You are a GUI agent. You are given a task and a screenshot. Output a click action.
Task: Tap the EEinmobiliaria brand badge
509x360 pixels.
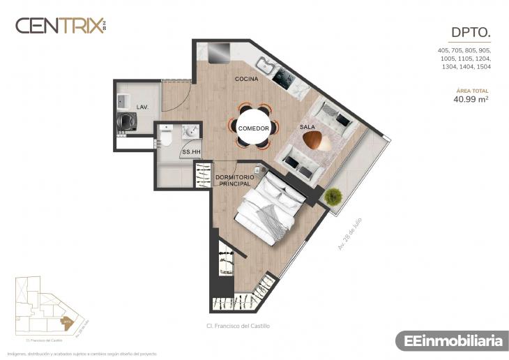[449, 341]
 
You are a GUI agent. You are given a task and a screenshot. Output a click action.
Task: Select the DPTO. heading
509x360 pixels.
[471, 32]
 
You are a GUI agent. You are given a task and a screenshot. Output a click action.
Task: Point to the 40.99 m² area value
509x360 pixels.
[471, 99]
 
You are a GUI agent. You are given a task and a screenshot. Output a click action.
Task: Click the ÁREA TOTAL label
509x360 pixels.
[472, 91]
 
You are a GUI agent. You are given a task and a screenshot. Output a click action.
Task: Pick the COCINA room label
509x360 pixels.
[246, 79]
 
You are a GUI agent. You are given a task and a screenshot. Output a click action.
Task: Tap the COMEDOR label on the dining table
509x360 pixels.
[254, 128]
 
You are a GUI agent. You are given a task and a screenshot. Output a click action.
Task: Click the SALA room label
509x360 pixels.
[307, 127]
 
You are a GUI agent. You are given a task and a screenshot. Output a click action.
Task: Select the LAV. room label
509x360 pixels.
[142, 107]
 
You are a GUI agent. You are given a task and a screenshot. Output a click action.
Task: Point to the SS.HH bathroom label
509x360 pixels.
[191, 151]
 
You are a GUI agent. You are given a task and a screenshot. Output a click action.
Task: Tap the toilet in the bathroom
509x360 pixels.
[165, 137]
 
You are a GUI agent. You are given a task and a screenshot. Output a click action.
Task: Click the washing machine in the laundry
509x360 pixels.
[127, 121]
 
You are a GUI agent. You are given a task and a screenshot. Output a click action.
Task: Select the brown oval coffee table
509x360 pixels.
[317, 140]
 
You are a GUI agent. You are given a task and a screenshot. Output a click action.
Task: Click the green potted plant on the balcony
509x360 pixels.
[333, 196]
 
